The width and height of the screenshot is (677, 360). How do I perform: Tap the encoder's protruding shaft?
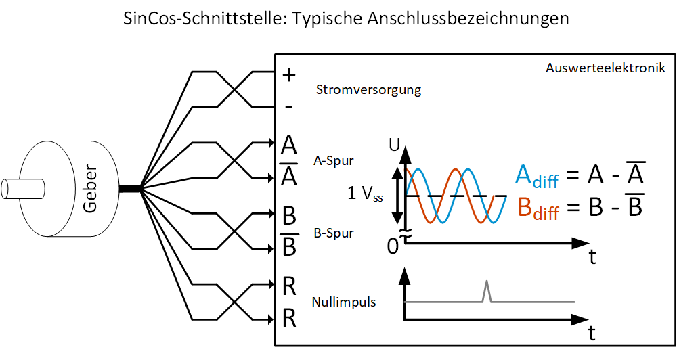(20, 186)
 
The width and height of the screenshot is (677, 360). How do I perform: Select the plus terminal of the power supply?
(289, 75)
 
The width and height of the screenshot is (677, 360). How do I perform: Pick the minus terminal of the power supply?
(288, 107)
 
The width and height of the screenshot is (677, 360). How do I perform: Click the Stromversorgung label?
(368, 89)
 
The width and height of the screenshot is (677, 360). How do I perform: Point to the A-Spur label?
(334, 162)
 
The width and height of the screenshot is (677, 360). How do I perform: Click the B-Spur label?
(334, 233)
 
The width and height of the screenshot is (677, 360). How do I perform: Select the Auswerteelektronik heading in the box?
(605, 68)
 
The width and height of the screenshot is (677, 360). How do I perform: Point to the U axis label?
(395, 144)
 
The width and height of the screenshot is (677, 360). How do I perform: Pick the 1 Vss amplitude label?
(365, 194)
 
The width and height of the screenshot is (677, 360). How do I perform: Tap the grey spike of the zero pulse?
(486, 291)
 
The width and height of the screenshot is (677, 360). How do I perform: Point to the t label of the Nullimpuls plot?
(592, 333)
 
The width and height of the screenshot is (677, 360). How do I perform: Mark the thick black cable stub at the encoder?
(129, 188)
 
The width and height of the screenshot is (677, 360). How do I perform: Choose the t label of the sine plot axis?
(592, 257)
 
